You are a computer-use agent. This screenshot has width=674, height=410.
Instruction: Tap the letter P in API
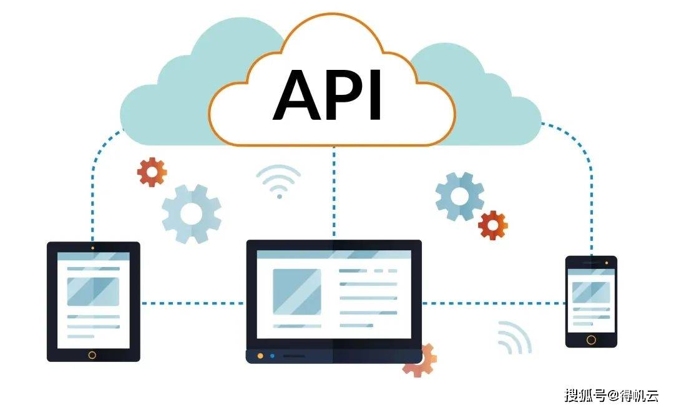(343, 95)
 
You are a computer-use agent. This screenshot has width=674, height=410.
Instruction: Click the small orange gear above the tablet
(152, 172)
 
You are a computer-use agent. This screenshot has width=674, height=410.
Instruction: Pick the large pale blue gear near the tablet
(192, 213)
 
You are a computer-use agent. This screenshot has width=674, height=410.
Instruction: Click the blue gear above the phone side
(459, 197)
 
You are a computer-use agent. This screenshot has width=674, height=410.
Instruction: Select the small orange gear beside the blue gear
(492, 225)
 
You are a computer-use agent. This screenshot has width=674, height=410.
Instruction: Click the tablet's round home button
(92, 355)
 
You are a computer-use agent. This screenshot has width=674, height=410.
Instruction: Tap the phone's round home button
(591, 340)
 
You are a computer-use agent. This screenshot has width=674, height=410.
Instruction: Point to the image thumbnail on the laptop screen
(297, 292)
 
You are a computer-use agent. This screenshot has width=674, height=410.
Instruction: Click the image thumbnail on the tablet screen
(93, 292)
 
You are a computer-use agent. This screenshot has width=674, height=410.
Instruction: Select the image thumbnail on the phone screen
(591, 292)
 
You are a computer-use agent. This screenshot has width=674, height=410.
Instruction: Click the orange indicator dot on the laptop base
(260, 356)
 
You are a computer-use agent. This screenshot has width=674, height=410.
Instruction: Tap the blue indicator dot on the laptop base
(272, 356)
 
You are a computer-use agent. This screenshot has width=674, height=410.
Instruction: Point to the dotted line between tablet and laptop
(193, 303)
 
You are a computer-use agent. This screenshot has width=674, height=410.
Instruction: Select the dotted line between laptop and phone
(494, 303)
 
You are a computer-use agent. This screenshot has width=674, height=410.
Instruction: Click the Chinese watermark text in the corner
(611, 395)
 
